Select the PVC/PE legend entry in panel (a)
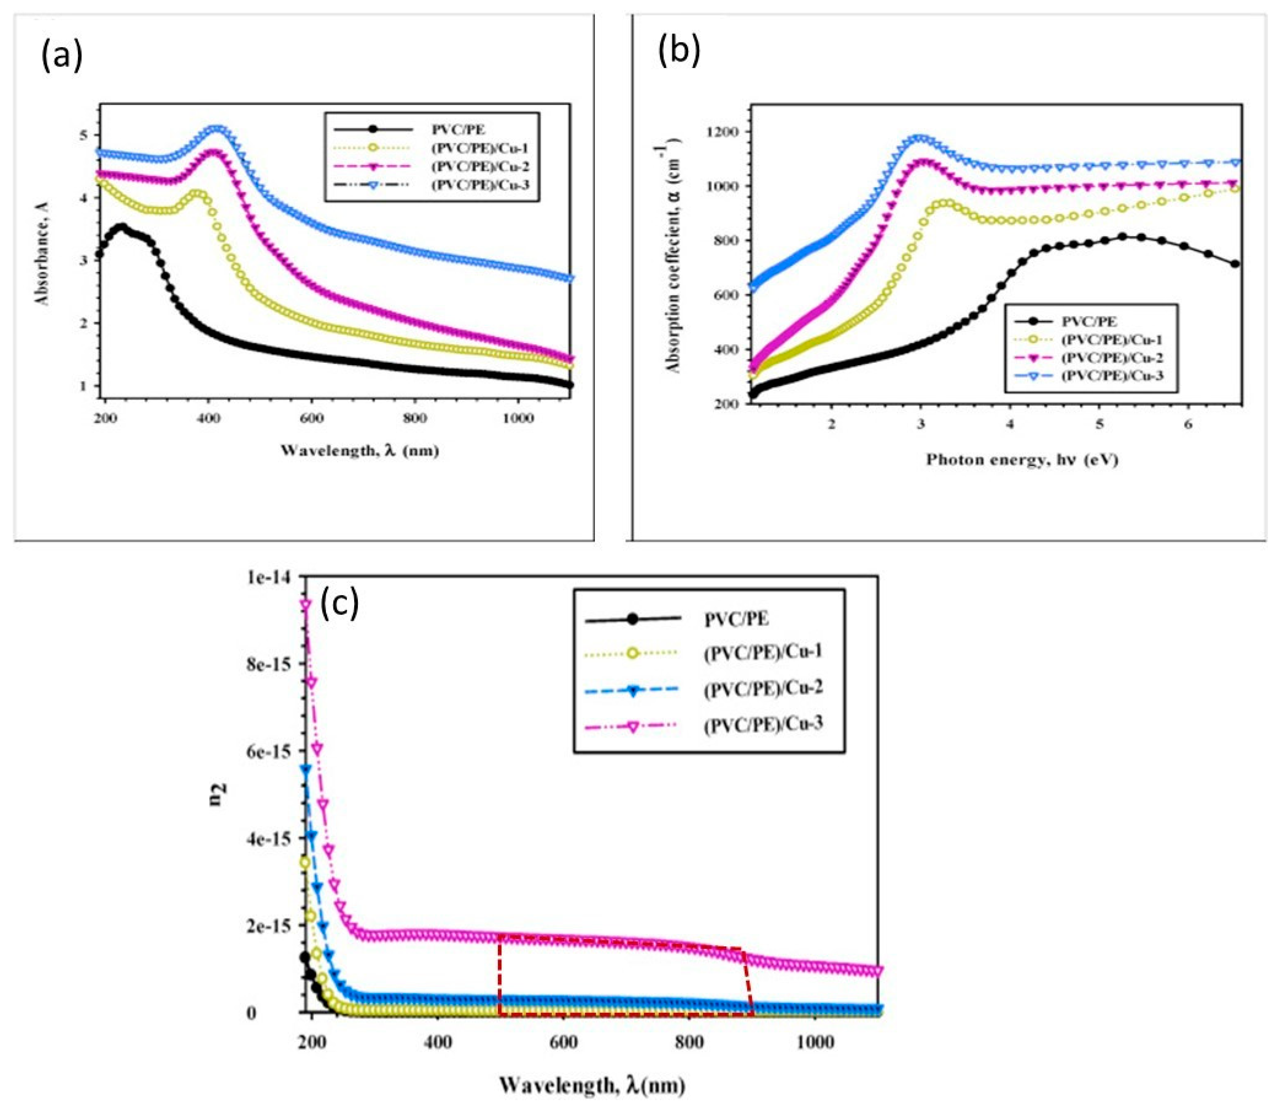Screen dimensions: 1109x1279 [458, 130]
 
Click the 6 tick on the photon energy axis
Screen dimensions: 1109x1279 [1188, 426]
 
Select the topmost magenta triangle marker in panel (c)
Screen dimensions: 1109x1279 [305, 605]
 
